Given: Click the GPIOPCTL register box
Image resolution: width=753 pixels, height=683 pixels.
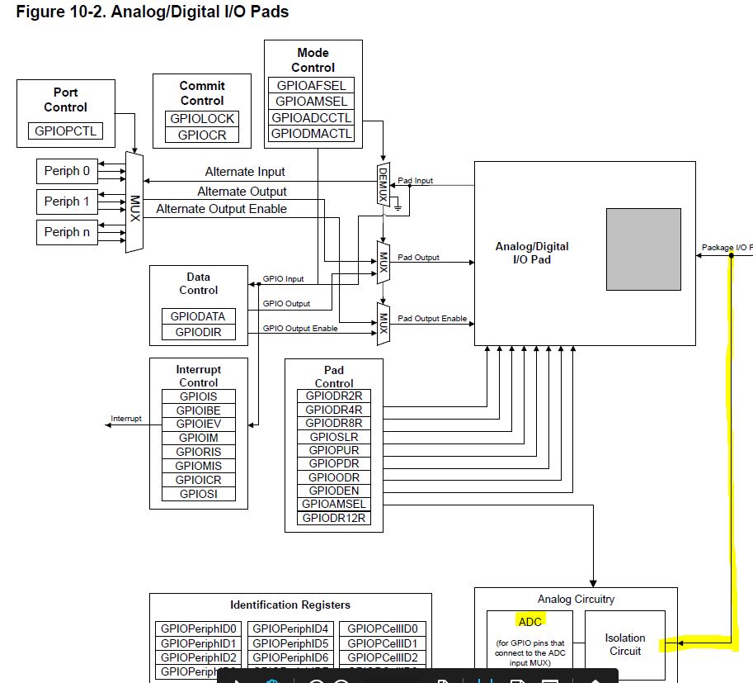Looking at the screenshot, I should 65,130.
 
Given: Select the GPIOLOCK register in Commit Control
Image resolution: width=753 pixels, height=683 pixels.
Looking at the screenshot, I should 202,118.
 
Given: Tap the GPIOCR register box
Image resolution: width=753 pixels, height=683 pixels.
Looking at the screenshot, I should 202,135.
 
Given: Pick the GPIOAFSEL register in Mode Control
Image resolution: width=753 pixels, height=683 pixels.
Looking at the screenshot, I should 313,85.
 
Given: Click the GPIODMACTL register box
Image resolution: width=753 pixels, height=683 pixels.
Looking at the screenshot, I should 313,133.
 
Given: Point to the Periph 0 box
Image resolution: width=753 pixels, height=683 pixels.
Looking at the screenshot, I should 68,171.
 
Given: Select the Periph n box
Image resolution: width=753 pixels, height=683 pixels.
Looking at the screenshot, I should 68,232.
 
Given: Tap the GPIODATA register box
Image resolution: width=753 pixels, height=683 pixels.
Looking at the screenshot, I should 198,316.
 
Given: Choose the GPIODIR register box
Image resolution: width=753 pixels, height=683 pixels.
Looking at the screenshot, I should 198,333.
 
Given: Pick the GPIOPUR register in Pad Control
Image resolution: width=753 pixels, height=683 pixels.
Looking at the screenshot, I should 334,450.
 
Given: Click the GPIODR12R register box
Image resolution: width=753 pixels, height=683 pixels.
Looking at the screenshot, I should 334,519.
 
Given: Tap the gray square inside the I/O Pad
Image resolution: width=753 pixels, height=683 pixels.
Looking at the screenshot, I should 643,249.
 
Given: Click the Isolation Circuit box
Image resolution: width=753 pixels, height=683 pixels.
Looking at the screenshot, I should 624,644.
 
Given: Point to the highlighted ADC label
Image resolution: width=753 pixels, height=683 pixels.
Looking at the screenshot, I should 529,621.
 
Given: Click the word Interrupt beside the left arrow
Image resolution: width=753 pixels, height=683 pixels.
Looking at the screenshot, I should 126,419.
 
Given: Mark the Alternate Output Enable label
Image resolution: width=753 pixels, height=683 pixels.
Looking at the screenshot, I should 222,209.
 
